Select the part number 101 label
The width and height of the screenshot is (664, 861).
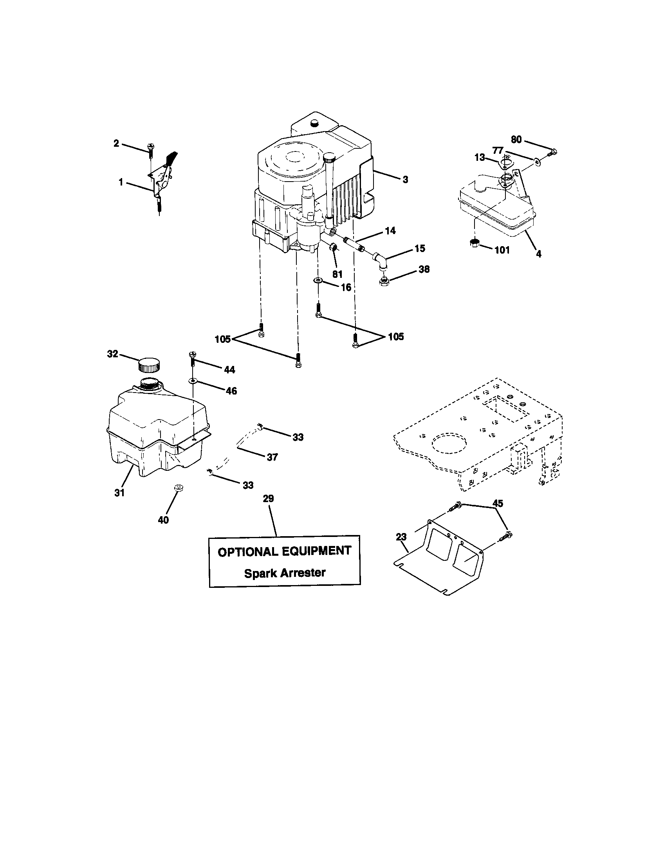[502, 250]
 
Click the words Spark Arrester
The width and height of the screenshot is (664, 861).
[285, 573]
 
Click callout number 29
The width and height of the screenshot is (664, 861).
[268, 499]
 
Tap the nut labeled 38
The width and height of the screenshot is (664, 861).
[382, 282]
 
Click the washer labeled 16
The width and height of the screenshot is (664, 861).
[318, 280]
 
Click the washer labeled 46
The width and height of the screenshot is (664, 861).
[193, 381]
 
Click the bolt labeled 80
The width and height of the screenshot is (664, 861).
[553, 151]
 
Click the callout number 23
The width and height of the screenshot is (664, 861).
[401, 537]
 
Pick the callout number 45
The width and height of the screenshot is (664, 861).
[498, 503]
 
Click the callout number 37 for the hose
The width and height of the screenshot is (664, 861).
[272, 457]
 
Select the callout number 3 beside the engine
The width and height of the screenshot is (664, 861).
[405, 180]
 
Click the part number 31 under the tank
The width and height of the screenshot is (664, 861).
[119, 492]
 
